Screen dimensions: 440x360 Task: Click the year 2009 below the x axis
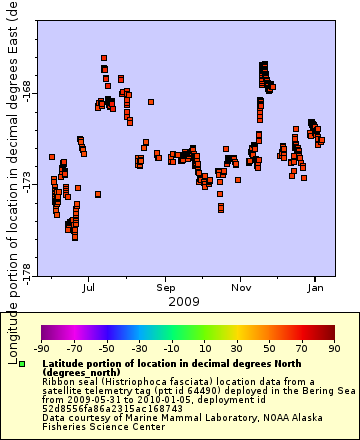(x=183, y=300)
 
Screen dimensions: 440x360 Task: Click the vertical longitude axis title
(x=11, y=150)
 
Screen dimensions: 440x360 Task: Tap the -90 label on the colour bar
(x=41, y=348)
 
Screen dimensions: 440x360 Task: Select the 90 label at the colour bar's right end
(x=334, y=348)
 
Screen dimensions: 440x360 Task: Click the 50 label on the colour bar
(x=269, y=348)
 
